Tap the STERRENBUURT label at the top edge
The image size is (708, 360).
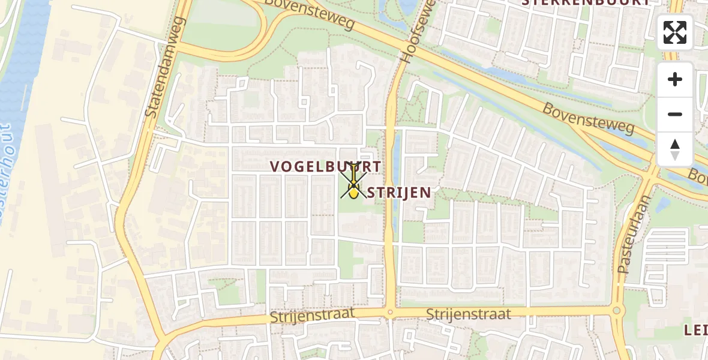coord(585,2)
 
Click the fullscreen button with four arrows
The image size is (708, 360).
coord(675,32)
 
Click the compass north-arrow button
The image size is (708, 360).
coord(675,149)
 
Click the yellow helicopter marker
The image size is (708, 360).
coord(354,191)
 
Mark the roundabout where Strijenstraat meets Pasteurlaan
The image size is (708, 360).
coord(616,311)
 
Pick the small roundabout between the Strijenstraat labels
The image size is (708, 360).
coord(390,312)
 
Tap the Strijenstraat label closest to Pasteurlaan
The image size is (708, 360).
coord(469,314)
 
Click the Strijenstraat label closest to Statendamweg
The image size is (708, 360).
coord(312,316)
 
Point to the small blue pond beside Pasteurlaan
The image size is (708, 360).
coord(662,205)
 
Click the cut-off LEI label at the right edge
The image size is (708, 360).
coord(696,329)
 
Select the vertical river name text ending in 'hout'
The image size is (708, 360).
coord(6,174)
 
